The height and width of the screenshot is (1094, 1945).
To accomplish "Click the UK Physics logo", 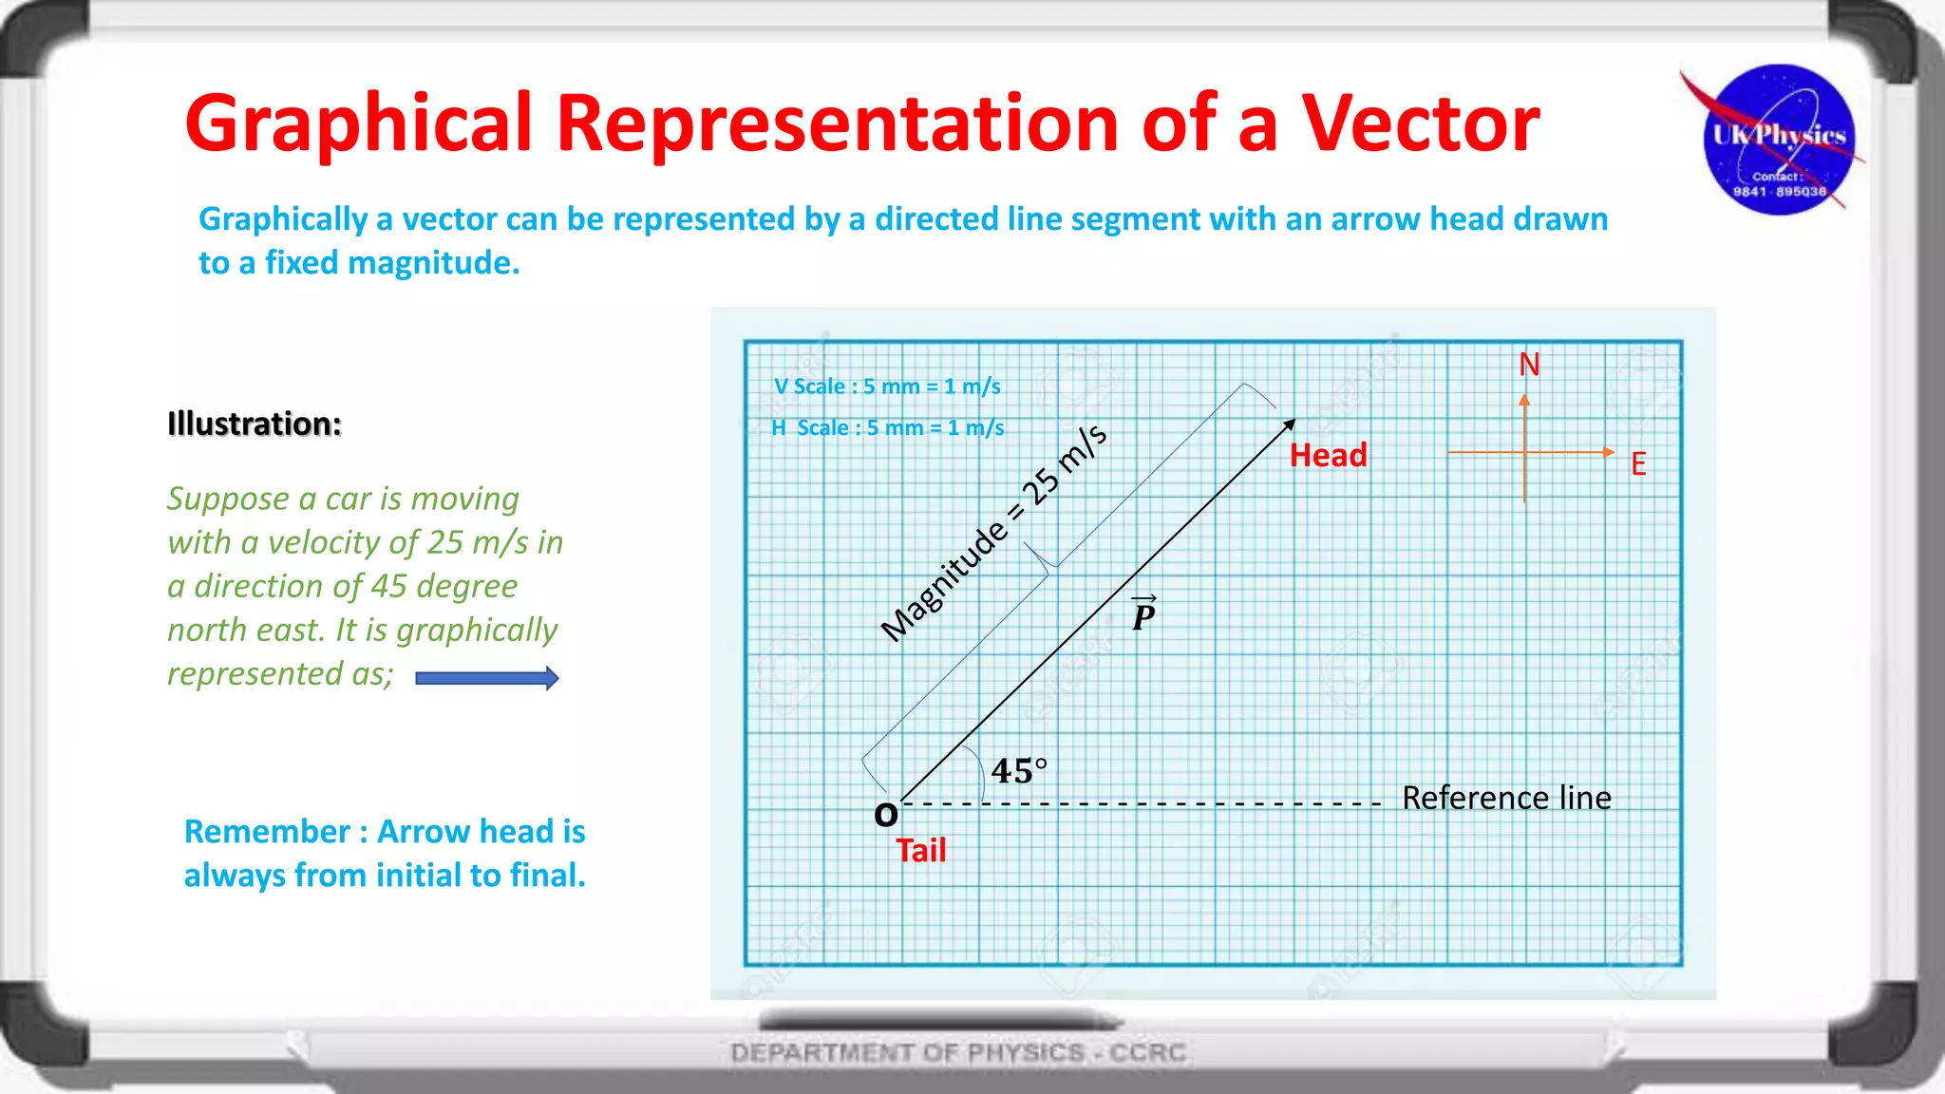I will [1779, 141].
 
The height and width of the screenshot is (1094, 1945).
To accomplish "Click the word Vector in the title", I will [1420, 123].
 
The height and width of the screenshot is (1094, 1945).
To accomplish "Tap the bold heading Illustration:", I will [254, 424].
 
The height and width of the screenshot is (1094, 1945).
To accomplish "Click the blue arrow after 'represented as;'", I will [487, 678].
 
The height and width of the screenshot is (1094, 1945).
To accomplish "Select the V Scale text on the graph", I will [887, 387].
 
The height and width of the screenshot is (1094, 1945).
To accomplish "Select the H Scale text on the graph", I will [887, 428].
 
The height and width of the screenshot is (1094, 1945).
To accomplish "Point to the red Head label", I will [1328, 456].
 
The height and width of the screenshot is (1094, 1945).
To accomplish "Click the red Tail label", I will [920, 850].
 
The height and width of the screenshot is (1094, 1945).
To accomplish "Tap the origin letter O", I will [885, 815].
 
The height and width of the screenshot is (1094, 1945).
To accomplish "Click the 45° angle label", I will [1018, 770].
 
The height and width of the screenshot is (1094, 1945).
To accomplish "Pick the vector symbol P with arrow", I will [1143, 614].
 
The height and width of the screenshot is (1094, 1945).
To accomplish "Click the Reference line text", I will [1506, 798].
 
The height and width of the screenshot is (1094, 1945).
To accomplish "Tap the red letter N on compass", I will [1529, 365].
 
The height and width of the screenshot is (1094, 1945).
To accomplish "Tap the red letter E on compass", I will [1638, 464].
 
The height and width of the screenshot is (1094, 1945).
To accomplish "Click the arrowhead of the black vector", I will [1290, 424].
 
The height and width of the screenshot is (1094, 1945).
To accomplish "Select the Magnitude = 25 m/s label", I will [993, 533].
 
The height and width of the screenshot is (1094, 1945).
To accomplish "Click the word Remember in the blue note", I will [267, 832].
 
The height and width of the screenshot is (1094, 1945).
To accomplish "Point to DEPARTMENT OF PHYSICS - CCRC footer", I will [957, 1052].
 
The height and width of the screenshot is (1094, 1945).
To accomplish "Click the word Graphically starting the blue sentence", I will [282, 219].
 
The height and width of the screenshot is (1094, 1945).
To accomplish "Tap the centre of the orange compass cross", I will [1524, 452].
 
